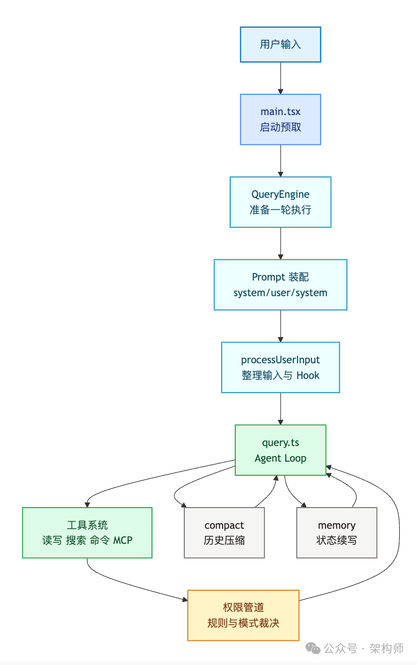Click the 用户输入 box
click(280, 44)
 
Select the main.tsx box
click(280, 120)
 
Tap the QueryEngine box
click(280, 202)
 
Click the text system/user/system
click(280, 293)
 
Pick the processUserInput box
click(280, 367)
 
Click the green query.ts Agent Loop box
click(280, 450)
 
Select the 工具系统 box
click(87, 533)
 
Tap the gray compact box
click(224, 533)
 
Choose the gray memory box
click(337, 533)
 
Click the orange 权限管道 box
click(243, 616)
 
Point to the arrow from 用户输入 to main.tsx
click(280, 78)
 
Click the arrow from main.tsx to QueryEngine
click(280, 160)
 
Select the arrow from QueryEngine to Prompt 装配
click(280, 243)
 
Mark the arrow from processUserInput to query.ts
click(280, 409)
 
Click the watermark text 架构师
click(386, 648)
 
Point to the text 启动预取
click(280, 127)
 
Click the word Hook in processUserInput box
click(308, 375)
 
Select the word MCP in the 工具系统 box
click(123, 540)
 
